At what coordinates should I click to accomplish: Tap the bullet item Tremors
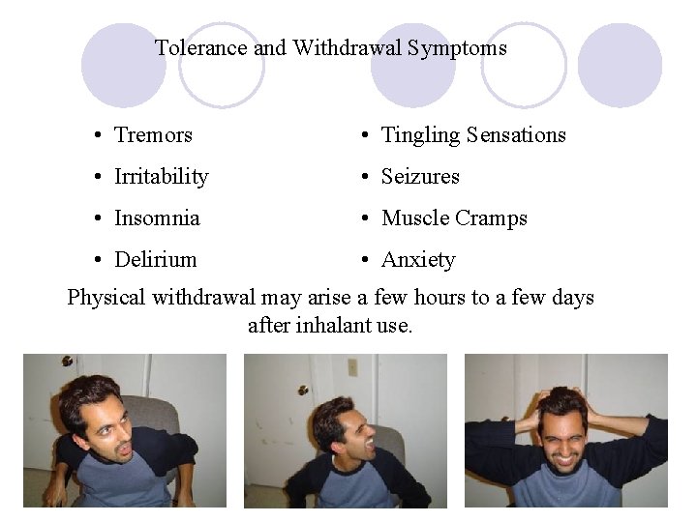[153, 135]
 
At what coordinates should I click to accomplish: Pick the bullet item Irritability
[161, 177]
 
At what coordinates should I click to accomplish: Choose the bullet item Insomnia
[157, 218]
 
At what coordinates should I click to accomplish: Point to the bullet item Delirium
[155, 260]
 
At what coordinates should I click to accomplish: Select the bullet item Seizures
[420, 177]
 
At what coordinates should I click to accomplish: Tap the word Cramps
[493, 218]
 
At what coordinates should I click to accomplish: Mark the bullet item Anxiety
[418, 260]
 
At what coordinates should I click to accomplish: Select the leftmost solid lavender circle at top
[123, 65]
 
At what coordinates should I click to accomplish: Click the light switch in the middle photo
[352, 367]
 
